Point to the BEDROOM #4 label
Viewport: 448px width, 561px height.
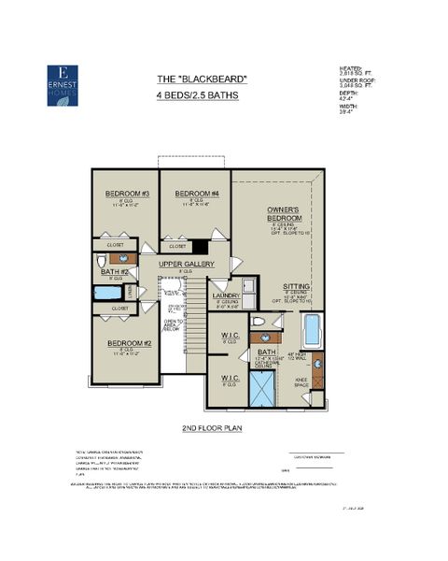pyautogui.click(x=196, y=194)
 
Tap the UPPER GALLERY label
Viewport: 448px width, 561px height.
pyautogui.click(x=187, y=265)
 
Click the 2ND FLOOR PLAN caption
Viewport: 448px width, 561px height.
pyautogui.click(x=213, y=427)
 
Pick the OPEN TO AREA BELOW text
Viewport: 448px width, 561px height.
pyautogui.click(x=171, y=324)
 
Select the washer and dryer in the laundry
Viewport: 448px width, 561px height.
pyautogui.click(x=249, y=286)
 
